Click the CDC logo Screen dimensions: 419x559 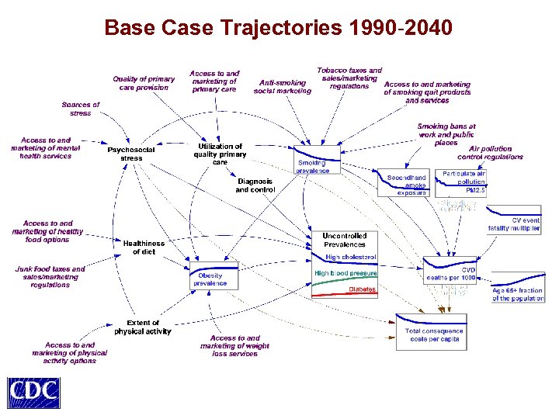[33, 392]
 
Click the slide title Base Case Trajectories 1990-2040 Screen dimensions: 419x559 [278, 29]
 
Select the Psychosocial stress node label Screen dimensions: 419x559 [131, 154]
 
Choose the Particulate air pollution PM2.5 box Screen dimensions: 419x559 [464, 182]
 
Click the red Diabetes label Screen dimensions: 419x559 [362, 289]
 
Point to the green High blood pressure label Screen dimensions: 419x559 [345, 273]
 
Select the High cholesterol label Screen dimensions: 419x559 [351, 257]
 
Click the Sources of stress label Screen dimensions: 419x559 [81, 109]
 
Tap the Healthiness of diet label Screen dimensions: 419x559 [144, 247]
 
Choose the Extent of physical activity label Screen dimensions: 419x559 [143, 327]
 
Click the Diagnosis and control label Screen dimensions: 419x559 [255, 185]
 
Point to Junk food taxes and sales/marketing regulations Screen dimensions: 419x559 [50, 277]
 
